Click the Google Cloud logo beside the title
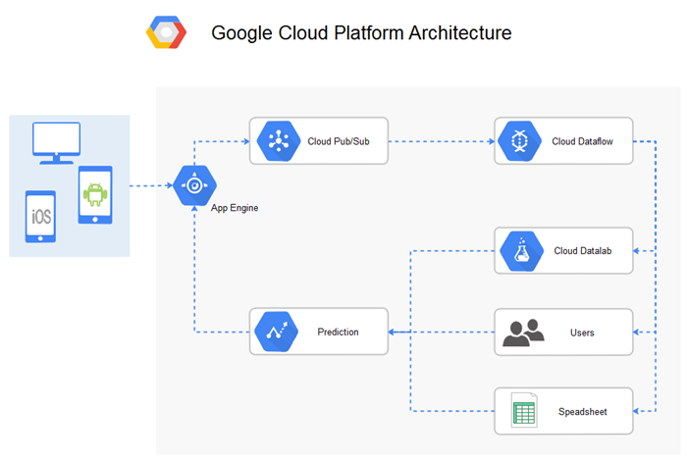click(166, 32)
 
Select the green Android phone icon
click(95, 194)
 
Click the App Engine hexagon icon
click(194, 184)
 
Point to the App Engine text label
click(235, 208)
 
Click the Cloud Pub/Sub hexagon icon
click(276, 141)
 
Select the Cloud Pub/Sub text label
click(339, 141)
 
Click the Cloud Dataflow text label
click(583, 141)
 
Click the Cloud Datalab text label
click(582, 251)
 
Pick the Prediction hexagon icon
click(276, 332)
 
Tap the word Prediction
click(339, 332)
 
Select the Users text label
click(582, 333)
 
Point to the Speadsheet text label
click(582, 412)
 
